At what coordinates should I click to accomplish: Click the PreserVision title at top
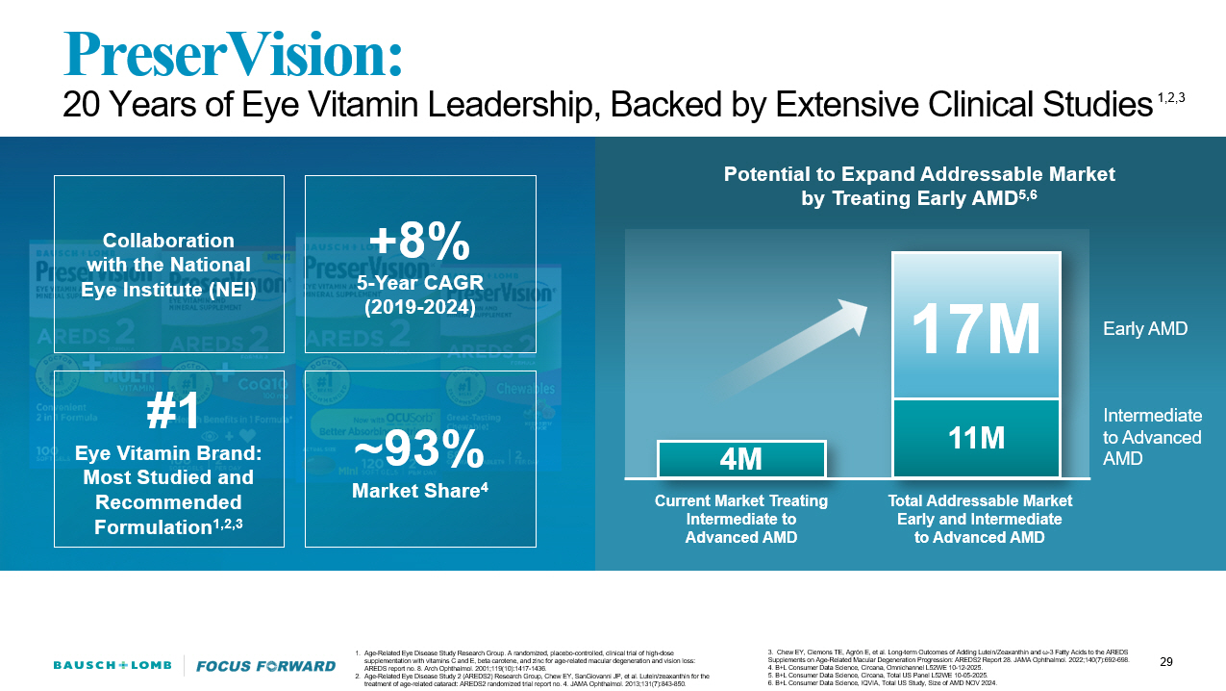pos(232,54)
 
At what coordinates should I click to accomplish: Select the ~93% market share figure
pos(419,448)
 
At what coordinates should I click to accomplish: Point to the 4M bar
pos(741,459)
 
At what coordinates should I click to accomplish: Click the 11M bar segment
pos(976,439)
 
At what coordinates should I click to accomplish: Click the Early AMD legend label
pos(1144,329)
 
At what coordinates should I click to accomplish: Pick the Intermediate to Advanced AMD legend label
pos(1151,437)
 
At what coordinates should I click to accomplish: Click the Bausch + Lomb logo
pos(112,665)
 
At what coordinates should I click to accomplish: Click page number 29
pos(1166,661)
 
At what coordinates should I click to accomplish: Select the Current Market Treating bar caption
pos(740,519)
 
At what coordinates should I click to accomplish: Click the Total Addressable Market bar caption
pos(979,519)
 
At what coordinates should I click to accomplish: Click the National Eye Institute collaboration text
pos(169,265)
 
